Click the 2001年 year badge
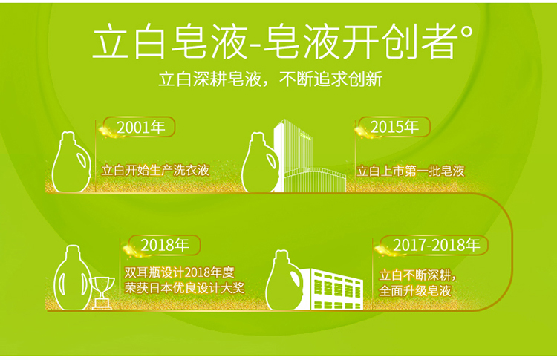[140, 127]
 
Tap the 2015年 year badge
[394, 127]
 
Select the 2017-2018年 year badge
[434, 245]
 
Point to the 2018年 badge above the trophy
[164, 245]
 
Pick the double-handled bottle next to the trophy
[73, 278]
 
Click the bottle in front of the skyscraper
[259, 163]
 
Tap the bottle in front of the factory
[284, 281]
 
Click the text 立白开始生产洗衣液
[156, 171]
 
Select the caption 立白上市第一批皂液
[411, 171]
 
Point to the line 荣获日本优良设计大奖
[184, 288]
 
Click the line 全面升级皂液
[415, 291]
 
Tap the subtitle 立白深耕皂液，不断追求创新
[270, 79]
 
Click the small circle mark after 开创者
[467, 33]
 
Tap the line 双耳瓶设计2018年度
[180, 272]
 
